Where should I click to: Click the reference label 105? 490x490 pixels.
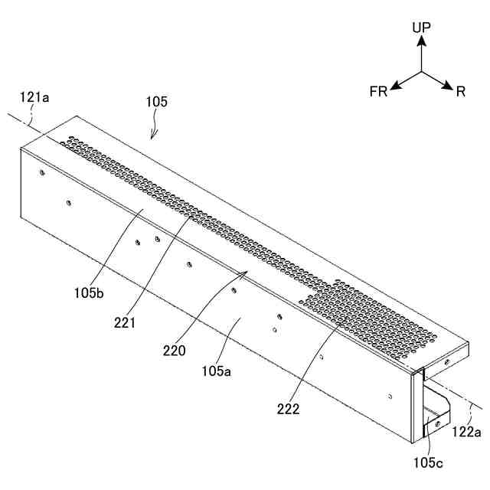tap(157, 101)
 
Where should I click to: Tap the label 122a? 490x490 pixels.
tap(466, 433)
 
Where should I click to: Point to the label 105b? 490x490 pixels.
tap(91, 292)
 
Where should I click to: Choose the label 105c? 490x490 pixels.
tap(429, 462)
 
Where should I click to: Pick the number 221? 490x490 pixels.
tap(123, 322)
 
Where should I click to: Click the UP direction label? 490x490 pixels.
tap(421, 28)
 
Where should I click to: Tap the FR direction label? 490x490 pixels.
tap(378, 93)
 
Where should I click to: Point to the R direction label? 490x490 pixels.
tap(461, 93)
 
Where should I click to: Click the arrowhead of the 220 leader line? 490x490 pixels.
tap(244, 272)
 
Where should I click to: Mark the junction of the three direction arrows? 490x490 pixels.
tap(421, 73)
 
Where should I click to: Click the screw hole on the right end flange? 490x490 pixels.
tap(446, 359)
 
